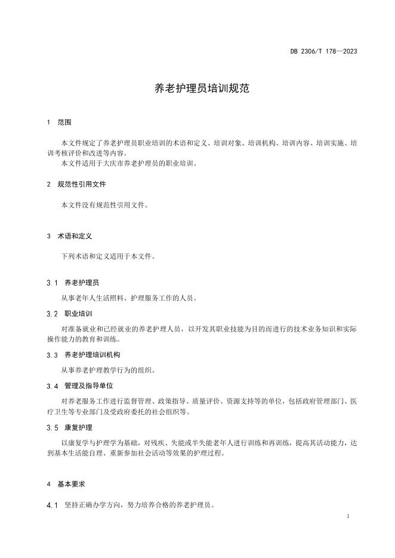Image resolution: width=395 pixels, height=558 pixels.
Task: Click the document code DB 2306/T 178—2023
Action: [x=323, y=51]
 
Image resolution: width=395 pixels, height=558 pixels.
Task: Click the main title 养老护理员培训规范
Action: [x=197, y=89]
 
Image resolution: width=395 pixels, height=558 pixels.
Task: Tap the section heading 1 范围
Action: [x=59, y=122]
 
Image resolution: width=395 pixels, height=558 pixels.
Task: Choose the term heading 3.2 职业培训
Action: [x=69, y=313]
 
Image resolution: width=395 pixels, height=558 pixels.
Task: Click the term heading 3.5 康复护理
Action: [x=69, y=427]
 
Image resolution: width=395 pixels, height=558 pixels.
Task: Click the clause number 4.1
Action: [x=52, y=506]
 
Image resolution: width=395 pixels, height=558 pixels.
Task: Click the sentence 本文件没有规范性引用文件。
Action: [x=104, y=204]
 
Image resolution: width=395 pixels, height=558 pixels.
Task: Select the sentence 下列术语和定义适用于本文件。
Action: [x=107, y=256]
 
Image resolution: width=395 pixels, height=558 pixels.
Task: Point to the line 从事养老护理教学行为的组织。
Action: [x=107, y=370]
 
